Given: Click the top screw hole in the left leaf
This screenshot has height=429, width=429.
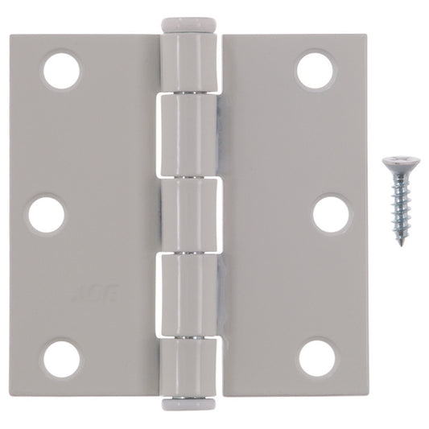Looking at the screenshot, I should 62,71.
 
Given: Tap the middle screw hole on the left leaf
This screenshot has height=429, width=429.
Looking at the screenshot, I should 47,213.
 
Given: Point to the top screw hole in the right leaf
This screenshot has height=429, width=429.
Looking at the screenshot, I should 315,71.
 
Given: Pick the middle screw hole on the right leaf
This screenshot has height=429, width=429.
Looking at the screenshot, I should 330,213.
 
